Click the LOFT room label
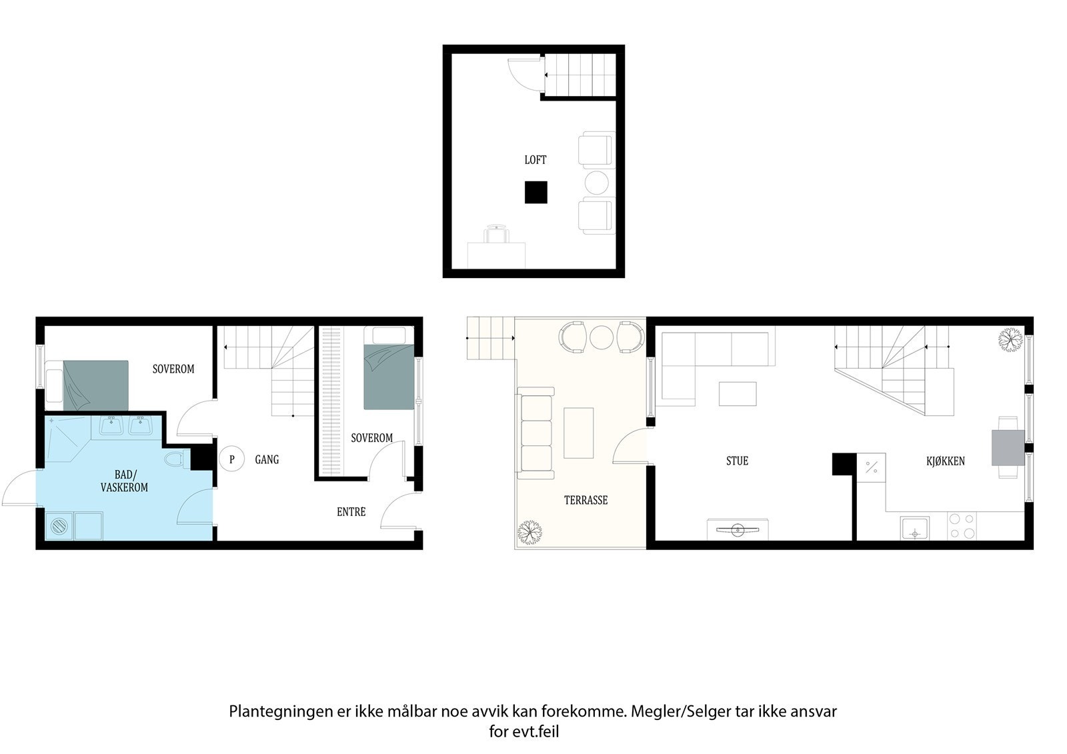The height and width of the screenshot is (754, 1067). (535, 160)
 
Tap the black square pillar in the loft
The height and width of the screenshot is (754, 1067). (536, 192)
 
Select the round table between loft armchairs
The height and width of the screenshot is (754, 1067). (597, 182)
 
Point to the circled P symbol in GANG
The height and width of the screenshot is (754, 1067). (232, 459)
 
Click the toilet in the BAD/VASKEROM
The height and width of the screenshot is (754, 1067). (175, 459)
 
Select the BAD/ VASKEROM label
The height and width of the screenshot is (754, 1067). (124, 481)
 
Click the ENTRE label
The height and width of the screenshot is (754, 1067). (351, 512)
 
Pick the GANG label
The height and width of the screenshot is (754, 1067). (267, 459)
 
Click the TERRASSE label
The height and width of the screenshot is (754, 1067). (586, 500)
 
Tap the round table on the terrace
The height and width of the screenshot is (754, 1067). (601, 337)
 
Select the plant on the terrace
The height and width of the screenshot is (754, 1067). (530, 532)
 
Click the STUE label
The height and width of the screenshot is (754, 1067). (737, 461)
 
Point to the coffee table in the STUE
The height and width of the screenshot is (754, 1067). (738, 393)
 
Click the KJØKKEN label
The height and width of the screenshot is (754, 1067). (945, 461)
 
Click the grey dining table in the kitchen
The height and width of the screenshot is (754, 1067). (1008, 447)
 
